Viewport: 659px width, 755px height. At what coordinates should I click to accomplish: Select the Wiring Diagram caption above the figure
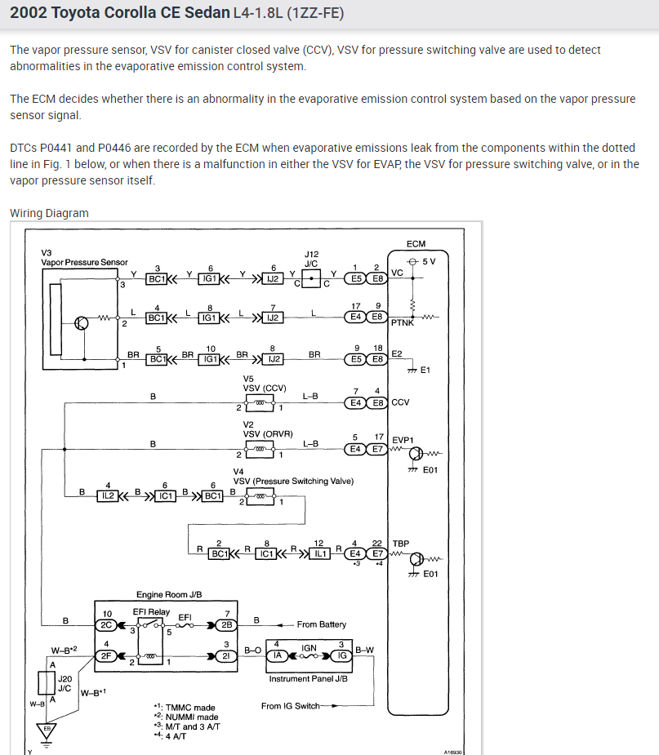pyautogui.click(x=49, y=213)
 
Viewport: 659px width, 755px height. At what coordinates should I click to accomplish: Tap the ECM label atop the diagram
pyautogui.click(x=415, y=243)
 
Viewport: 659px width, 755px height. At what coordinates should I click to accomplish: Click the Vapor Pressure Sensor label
pyautogui.click(x=84, y=262)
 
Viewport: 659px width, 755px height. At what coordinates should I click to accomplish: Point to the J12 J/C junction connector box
pyautogui.click(x=311, y=278)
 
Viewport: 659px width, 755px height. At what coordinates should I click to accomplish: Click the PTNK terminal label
pyautogui.click(x=403, y=322)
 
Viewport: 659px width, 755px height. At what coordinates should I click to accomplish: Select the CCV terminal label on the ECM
pyautogui.click(x=400, y=402)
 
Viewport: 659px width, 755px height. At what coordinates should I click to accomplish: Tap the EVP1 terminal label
pyautogui.click(x=403, y=439)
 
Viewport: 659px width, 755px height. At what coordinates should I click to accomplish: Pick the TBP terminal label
pyautogui.click(x=401, y=543)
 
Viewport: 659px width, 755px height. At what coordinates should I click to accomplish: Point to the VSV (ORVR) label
pyautogui.click(x=268, y=434)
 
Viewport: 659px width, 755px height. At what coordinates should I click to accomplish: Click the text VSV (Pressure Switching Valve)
pyautogui.click(x=293, y=481)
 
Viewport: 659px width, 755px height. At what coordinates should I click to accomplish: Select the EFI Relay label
pyautogui.click(x=151, y=611)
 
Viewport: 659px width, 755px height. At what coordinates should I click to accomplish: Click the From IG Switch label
pyautogui.click(x=291, y=706)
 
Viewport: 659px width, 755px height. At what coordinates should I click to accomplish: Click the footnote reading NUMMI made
pyautogui.click(x=185, y=717)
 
